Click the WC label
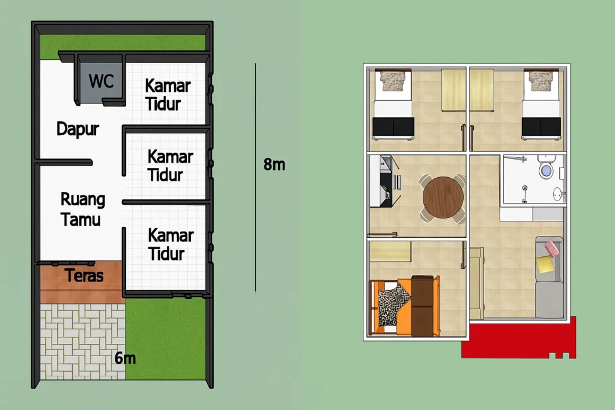click(101, 80)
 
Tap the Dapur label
click(77, 128)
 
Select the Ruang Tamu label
click(82, 209)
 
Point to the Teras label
click(84, 276)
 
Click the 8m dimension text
click(274, 164)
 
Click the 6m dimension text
click(125, 358)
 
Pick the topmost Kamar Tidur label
click(168, 94)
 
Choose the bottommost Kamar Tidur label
click(171, 244)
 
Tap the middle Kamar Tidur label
click(170, 166)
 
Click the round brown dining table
click(443, 197)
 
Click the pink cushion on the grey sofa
click(552, 247)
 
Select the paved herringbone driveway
click(82, 341)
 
